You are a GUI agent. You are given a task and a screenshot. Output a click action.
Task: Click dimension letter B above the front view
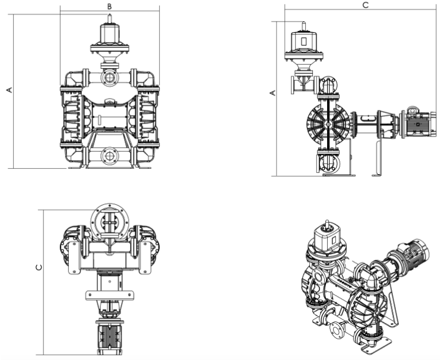coord(109,6)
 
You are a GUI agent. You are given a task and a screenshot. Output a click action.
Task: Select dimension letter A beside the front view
coord(9,90)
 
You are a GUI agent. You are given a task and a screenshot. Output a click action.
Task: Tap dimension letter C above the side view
coord(365,5)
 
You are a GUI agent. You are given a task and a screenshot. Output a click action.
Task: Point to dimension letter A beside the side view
coord(272,93)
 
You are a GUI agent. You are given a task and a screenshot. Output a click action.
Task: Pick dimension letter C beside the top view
coord(39,267)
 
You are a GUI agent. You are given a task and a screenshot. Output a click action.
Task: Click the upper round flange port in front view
coord(109,77)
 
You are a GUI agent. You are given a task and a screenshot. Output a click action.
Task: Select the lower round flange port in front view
coord(109,156)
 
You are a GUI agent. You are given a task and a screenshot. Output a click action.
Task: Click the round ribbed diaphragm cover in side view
coord(327,125)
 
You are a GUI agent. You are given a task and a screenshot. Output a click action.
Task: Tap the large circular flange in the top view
coord(109,219)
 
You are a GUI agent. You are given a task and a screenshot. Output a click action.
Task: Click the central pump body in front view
coord(109,116)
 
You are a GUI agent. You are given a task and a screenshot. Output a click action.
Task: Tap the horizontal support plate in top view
coord(109,294)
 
